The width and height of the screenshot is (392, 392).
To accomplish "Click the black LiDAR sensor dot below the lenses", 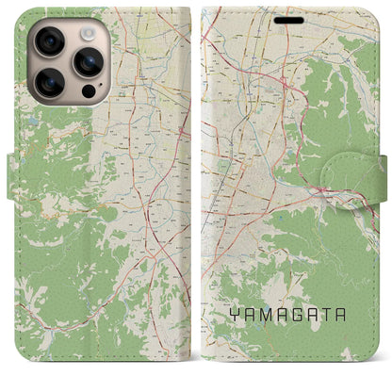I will (x=88, y=92).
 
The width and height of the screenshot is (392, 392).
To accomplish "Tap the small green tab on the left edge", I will (x=12, y=170).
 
